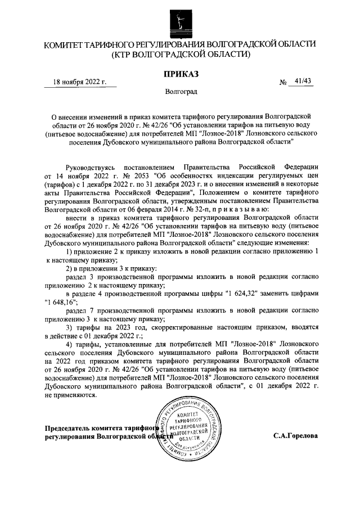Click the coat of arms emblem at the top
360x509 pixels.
tap(179, 21)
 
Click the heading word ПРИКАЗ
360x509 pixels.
tap(179, 73)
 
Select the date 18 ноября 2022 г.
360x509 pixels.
tap(80, 82)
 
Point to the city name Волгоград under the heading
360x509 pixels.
tap(180, 91)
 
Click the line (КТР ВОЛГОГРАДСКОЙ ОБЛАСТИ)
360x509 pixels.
tap(180, 55)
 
